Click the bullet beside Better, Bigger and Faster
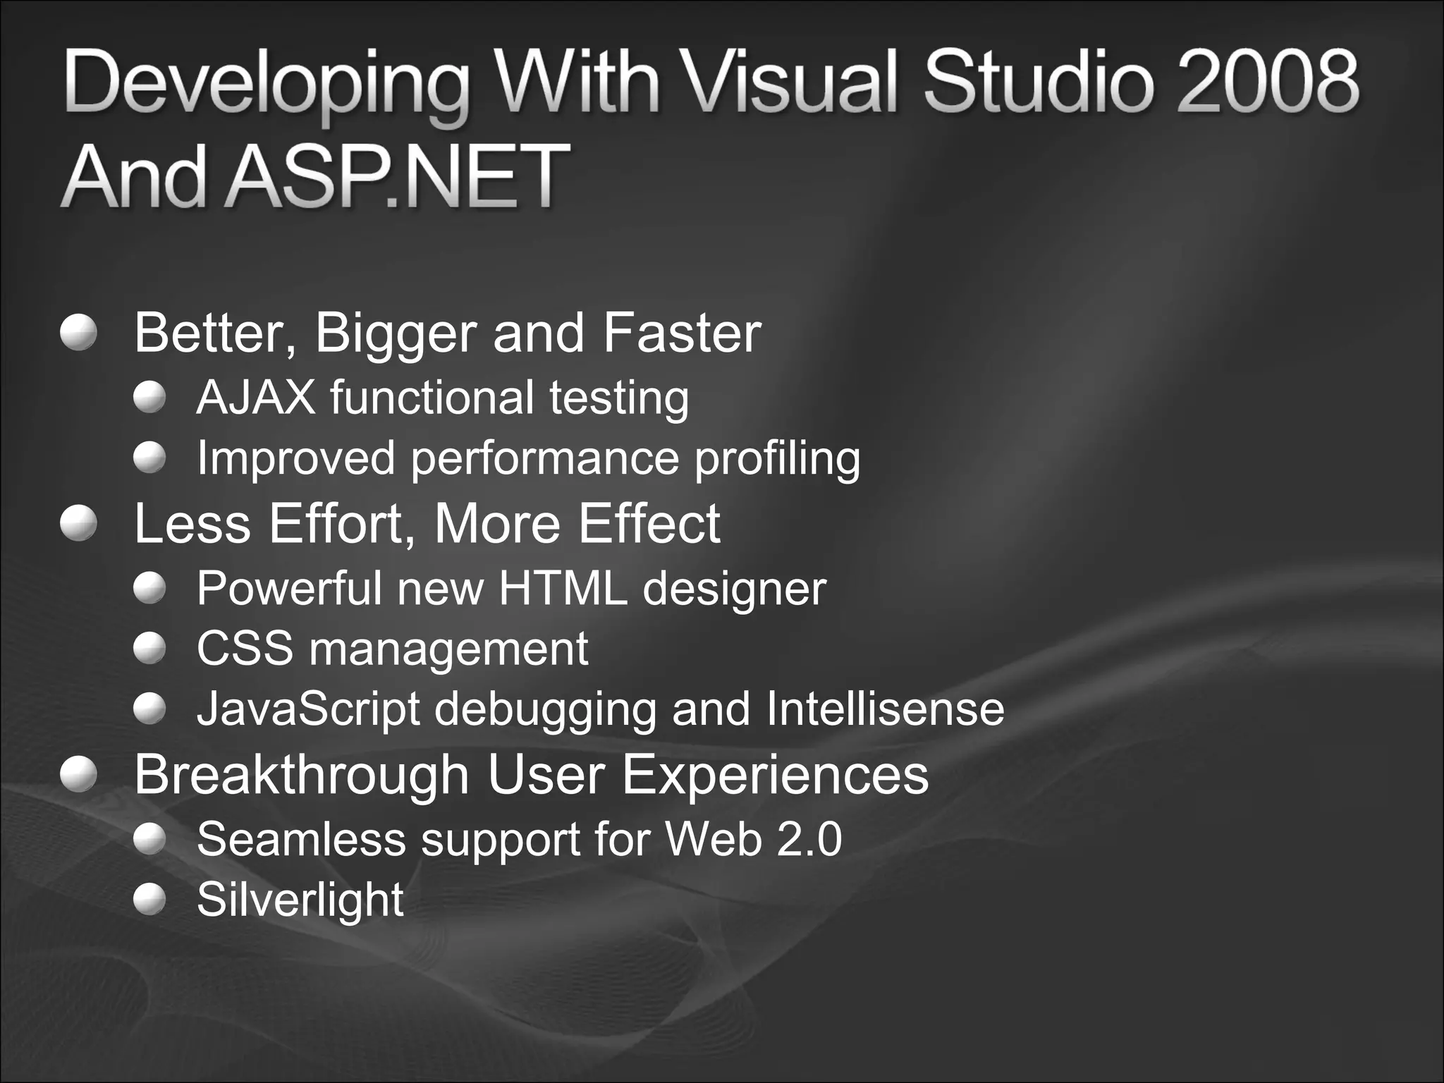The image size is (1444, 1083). (x=78, y=332)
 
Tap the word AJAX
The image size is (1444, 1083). (x=255, y=398)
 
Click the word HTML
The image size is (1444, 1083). (x=562, y=588)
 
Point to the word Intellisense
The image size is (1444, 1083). (x=885, y=709)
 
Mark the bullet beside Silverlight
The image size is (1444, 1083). (x=149, y=900)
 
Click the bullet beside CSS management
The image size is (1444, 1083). (x=149, y=648)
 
